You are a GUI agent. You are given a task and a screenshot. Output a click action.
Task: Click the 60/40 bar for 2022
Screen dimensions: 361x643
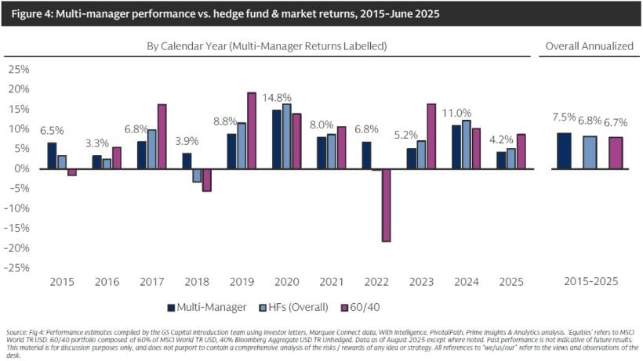pos(387,205)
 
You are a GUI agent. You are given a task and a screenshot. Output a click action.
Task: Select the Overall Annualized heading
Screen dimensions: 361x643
pos(590,46)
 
